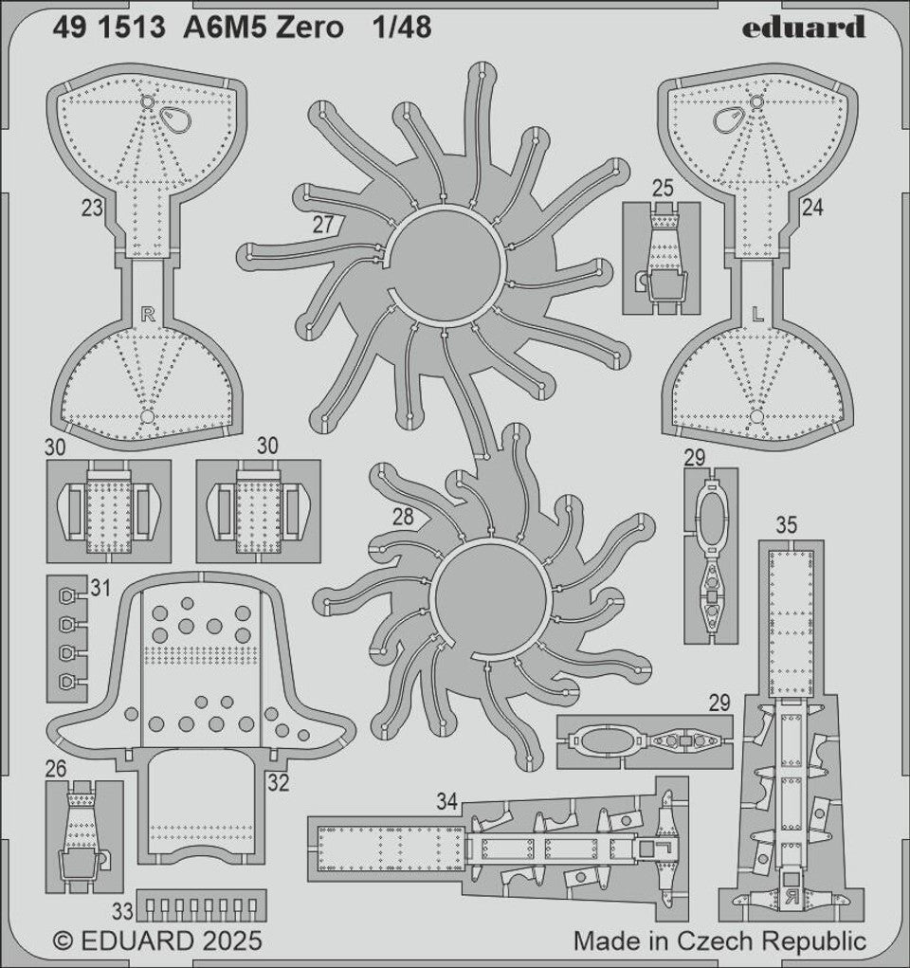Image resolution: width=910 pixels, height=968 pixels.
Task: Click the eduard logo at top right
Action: click(x=803, y=27)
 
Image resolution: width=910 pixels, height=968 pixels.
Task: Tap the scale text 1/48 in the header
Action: click(x=402, y=27)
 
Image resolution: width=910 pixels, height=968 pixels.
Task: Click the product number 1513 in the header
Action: click(x=134, y=27)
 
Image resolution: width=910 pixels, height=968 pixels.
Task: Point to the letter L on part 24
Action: click(x=758, y=315)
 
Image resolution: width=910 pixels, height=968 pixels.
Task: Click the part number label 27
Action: click(x=323, y=225)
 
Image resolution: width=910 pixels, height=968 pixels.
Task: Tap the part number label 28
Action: click(x=403, y=517)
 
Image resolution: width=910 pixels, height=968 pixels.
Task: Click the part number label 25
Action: click(x=663, y=189)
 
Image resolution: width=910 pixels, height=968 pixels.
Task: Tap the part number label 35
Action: click(x=786, y=525)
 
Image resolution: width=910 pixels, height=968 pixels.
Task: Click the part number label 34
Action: click(x=447, y=801)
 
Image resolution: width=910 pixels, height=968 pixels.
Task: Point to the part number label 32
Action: click(x=279, y=783)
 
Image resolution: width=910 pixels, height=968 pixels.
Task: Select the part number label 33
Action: click(x=123, y=910)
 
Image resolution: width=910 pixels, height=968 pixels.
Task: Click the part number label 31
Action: click(x=100, y=588)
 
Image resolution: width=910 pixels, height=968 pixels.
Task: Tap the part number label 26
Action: click(x=56, y=769)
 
